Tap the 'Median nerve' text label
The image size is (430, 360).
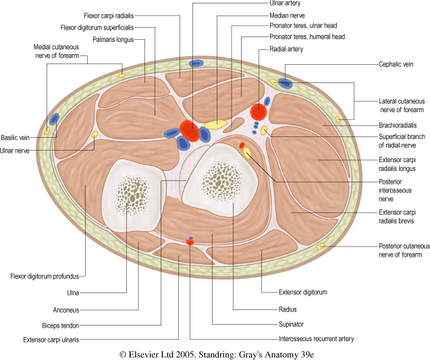(x=286, y=14)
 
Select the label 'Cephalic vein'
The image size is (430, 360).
(x=395, y=64)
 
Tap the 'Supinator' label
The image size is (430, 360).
(x=292, y=324)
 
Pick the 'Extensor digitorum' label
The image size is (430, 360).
(x=303, y=292)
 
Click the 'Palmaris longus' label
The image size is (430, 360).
(x=111, y=40)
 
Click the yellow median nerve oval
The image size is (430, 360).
(x=216, y=124)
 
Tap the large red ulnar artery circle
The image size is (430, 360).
(x=190, y=131)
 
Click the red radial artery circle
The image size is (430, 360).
(x=257, y=111)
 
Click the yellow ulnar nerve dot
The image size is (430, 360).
(x=95, y=134)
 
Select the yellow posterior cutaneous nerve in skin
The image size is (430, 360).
(x=321, y=247)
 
